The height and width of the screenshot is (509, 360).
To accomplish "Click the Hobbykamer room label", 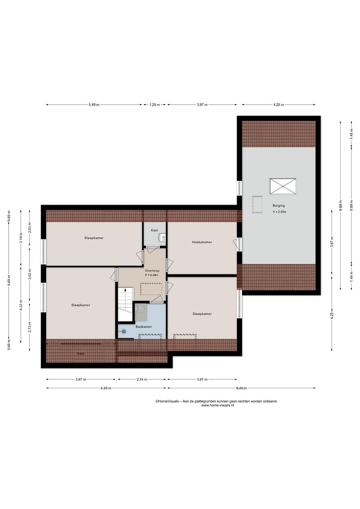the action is pyautogui.click(x=202, y=242).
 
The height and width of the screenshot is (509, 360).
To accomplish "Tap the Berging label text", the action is pyautogui.click(x=278, y=205).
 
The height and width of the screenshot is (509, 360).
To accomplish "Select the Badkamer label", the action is pyautogui.click(x=143, y=327).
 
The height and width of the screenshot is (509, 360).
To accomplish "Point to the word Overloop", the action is pyautogui.click(x=152, y=271).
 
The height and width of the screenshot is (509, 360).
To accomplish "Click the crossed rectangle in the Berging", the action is pyautogui.click(x=283, y=186).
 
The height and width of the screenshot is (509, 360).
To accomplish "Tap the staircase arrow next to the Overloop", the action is pyautogui.click(x=125, y=290).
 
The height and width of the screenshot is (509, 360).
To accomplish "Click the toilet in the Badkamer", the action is pyautogui.click(x=123, y=331).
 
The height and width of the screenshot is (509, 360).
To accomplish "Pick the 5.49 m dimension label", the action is pyautogui.click(x=94, y=105).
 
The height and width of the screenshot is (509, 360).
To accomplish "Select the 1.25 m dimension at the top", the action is pyautogui.click(x=155, y=105).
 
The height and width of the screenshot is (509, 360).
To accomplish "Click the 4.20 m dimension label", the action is pyautogui.click(x=278, y=105).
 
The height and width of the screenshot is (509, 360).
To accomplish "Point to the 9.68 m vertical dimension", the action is pyautogui.click(x=341, y=205).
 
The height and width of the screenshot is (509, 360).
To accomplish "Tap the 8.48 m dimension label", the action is pyautogui.click(x=241, y=388).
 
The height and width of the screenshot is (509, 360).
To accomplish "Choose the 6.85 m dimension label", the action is pyautogui.click(x=106, y=388).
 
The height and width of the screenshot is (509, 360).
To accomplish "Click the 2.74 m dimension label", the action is pyautogui.click(x=141, y=379).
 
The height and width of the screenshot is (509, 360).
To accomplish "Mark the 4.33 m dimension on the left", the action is pyautogui.click(x=21, y=305).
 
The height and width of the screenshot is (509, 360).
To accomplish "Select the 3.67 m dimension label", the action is pyautogui.click(x=332, y=242).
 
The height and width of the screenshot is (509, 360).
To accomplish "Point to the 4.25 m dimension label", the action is pyautogui.click(x=332, y=314).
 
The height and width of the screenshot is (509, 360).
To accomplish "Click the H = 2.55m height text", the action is pyautogui.click(x=279, y=212).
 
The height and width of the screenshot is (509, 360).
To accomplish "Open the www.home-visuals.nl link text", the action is pyautogui.click(x=217, y=405).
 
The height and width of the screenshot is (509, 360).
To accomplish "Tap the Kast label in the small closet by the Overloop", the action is pyautogui.click(x=155, y=230).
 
